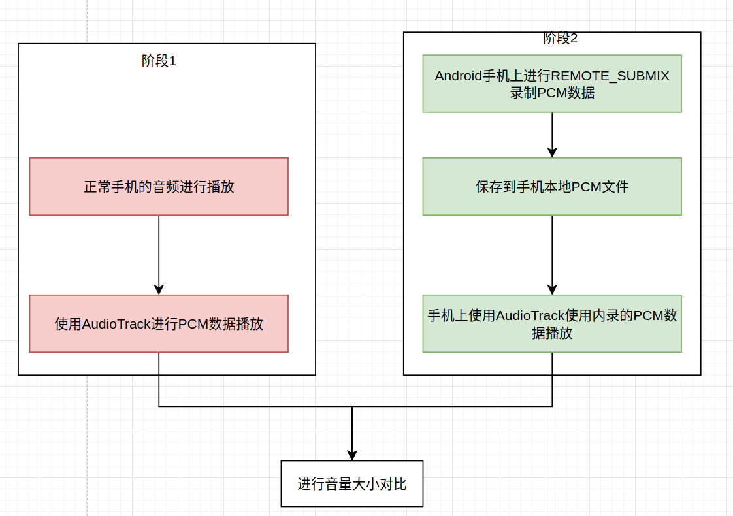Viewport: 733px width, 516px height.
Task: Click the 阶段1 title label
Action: (159, 61)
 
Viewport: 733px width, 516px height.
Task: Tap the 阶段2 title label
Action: (560, 39)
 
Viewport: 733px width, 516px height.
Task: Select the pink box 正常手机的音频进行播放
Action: (159, 187)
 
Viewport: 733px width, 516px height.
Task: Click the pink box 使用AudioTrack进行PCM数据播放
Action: (159, 323)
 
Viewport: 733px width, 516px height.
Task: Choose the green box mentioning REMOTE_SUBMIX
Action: (552, 84)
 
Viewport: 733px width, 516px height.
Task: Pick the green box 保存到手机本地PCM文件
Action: (552, 187)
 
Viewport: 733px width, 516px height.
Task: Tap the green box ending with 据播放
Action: (552, 323)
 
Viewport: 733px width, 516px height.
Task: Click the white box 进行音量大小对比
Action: (352, 484)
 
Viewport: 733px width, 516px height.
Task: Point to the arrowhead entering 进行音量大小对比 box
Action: (352, 455)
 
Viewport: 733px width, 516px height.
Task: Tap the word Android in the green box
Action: (458, 76)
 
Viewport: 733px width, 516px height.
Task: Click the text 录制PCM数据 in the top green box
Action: (552, 93)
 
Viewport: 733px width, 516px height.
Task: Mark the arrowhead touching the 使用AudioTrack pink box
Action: (159, 289)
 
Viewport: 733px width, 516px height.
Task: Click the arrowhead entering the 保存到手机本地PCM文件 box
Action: (552, 152)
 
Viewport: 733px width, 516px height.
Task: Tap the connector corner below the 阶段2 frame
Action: (552, 406)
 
